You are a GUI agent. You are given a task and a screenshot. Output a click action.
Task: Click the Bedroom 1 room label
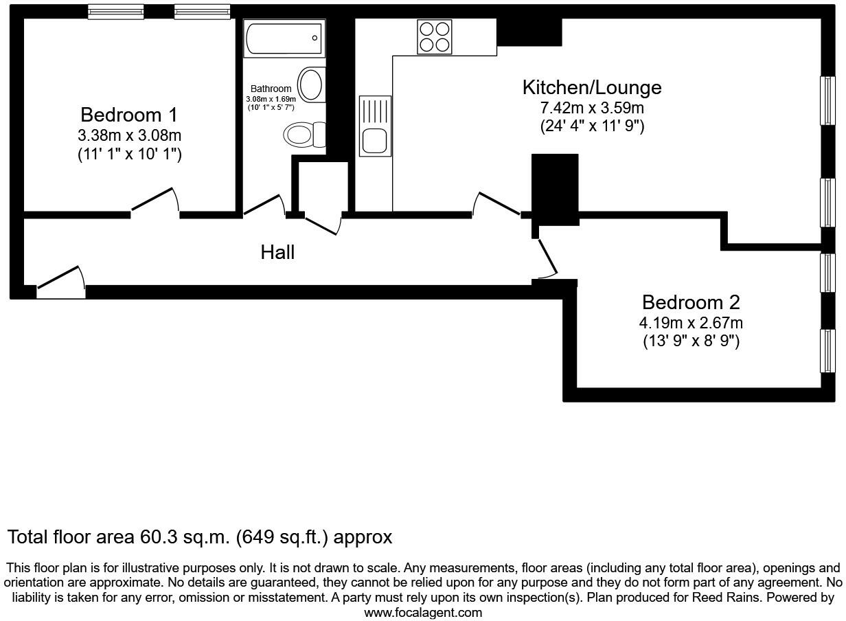click(x=129, y=114)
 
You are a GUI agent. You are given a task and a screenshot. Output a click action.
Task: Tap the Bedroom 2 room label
click(x=691, y=302)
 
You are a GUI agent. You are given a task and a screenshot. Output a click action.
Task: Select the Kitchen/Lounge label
click(x=592, y=87)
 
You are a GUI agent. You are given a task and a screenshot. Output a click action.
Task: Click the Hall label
click(x=277, y=252)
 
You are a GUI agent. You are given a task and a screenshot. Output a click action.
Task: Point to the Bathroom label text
click(x=271, y=89)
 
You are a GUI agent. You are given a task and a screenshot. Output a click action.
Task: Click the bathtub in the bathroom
click(x=284, y=38)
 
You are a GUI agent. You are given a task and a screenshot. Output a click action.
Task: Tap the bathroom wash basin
click(x=311, y=84)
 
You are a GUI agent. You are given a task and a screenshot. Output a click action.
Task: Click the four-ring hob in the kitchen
click(x=435, y=36)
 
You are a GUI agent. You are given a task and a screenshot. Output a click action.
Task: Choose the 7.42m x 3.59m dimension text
click(x=592, y=108)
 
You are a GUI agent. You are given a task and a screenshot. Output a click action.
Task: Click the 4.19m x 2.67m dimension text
click(x=691, y=323)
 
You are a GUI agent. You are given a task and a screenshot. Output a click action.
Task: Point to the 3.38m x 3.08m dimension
click(x=129, y=135)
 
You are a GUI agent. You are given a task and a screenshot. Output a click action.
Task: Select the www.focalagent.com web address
click(x=423, y=612)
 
